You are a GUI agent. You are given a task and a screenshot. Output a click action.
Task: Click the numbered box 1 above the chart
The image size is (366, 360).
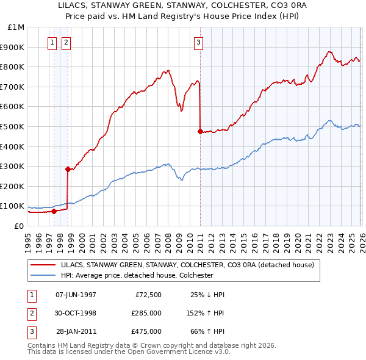[52, 42]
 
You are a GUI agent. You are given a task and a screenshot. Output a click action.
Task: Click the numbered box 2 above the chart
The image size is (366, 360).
[65, 42]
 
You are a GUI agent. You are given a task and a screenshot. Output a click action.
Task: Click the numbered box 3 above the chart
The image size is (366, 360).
[199, 42]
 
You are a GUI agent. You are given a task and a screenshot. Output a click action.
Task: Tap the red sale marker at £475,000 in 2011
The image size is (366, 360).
[200, 131]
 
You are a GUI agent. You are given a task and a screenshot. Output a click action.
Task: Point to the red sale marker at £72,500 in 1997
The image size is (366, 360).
[54, 211]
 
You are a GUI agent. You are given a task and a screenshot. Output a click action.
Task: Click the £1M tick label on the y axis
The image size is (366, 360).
[16, 27]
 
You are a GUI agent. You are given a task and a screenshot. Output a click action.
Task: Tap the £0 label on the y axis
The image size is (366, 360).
[18, 226]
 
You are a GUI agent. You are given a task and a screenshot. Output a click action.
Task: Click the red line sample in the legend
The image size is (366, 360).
[43, 265]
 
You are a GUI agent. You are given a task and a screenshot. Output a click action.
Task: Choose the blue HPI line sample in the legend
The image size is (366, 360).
[43, 275]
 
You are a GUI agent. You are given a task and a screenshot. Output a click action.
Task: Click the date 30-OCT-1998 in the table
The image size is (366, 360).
[76, 313]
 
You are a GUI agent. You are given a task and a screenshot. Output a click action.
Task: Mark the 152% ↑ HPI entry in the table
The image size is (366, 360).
[206, 313]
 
